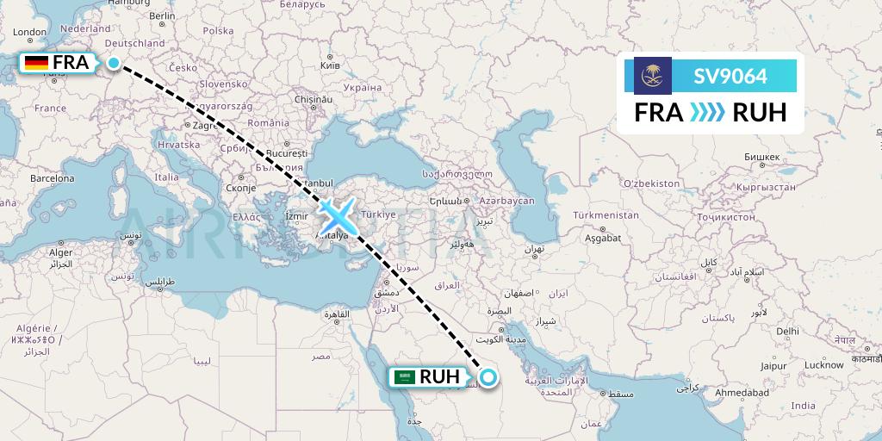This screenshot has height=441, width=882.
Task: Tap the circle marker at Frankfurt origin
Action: (x=113, y=62)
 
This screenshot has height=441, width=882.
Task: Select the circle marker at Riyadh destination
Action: (x=488, y=376)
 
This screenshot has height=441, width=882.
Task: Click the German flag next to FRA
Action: (x=36, y=62)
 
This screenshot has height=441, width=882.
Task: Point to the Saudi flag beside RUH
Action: (x=403, y=376)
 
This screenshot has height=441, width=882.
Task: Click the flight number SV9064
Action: (x=730, y=77)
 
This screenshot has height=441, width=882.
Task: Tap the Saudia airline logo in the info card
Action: (x=652, y=76)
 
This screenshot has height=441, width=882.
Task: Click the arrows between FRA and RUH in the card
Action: (x=708, y=113)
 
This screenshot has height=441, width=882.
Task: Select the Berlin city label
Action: (x=162, y=16)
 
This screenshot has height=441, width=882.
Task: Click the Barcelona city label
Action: (x=52, y=178)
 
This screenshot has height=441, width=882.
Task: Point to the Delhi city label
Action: (x=787, y=331)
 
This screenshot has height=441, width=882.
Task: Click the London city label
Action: (x=29, y=33)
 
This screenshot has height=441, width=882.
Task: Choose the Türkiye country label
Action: (x=377, y=214)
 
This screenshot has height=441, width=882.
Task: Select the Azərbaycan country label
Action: (x=508, y=200)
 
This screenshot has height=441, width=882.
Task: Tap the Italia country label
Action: (x=167, y=177)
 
